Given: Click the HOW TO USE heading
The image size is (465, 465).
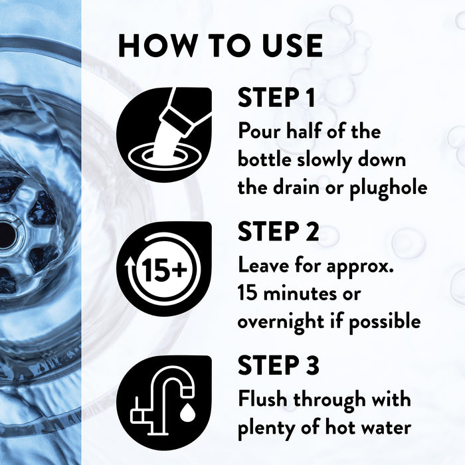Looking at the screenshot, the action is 221,45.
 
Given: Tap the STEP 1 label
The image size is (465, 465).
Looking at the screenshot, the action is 276,97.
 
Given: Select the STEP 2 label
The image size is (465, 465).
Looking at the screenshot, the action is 278,231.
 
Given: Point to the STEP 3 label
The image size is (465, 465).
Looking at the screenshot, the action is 278,365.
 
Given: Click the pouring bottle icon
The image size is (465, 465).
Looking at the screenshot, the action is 164,135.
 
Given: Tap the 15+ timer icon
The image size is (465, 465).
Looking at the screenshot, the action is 164,268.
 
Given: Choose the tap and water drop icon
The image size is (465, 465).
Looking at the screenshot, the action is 164,403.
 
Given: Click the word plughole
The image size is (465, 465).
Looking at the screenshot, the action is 389,189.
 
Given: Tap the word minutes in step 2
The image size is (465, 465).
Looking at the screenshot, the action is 300,294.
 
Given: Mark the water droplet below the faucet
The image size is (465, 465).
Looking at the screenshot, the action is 187,413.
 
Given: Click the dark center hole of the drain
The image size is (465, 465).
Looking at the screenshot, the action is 6,235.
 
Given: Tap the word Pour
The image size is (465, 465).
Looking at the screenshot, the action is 259,131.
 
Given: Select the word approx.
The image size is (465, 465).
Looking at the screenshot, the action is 360,266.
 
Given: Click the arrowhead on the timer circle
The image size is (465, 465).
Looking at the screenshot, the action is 129,262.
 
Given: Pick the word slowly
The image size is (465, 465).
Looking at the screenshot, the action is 324,161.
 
